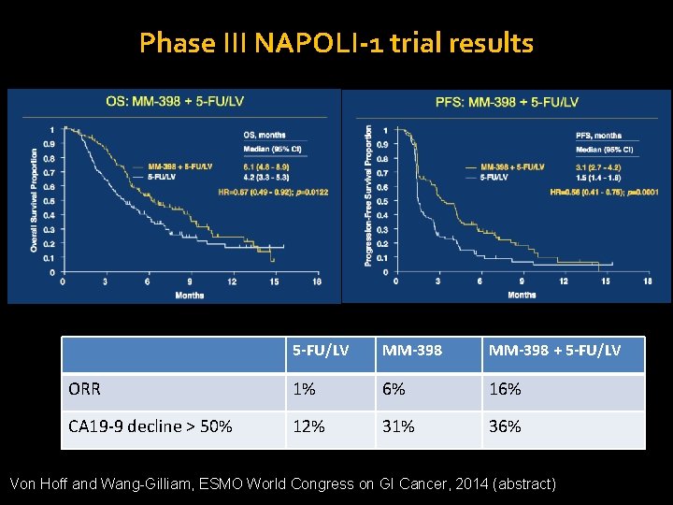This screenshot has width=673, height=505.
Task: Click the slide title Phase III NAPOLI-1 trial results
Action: click(336, 43)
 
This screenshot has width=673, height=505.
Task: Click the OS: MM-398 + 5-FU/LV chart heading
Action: click(169, 101)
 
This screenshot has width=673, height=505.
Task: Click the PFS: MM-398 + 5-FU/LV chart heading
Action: click(507, 101)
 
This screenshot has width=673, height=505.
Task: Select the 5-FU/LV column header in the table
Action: click(321, 350)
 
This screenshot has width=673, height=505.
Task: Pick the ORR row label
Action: click(85, 388)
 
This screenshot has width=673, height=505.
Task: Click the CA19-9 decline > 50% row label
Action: click(150, 426)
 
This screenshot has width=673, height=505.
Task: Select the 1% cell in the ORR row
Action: click(303, 388)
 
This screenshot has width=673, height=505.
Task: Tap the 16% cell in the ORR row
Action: click(504, 388)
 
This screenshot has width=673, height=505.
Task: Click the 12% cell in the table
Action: click(308, 426)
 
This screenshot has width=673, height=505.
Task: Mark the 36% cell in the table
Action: click(504, 426)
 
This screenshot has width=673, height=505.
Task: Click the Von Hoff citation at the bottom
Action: click(281, 483)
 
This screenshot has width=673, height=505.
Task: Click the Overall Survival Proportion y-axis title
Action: click(35, 200)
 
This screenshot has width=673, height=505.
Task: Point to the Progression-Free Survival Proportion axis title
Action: click(368, 195)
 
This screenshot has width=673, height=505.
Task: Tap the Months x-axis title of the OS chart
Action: click(189, 295)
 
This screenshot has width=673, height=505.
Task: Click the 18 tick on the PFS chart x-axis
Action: click(648, 281)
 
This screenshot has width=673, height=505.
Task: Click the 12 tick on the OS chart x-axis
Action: click(232, 281)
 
